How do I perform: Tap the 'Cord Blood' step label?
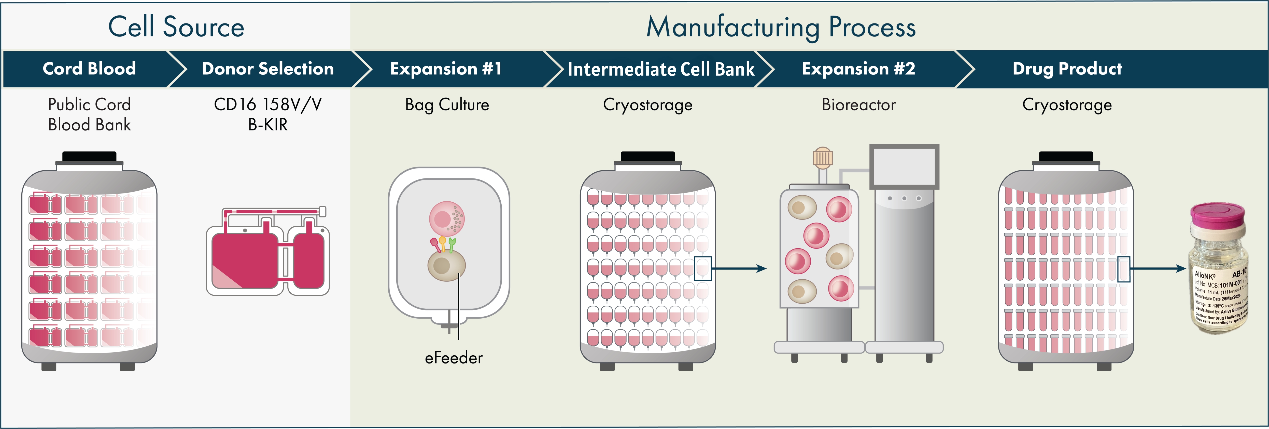click(x=89, y=69)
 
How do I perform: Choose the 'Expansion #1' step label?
click(x=446, y=69)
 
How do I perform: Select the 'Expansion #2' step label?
click(x=858, y=69)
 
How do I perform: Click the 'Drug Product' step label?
click(x=1067, y=69)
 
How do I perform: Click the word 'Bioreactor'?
click(x=858, y=105)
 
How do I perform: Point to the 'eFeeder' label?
click(x=454, y=357)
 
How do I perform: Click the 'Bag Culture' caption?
click(x=447, y=105)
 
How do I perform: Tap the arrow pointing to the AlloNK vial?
click(x=1158, y=269)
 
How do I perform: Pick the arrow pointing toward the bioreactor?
click(x=739, y=269)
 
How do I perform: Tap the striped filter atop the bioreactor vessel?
click(x=822, y=157)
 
